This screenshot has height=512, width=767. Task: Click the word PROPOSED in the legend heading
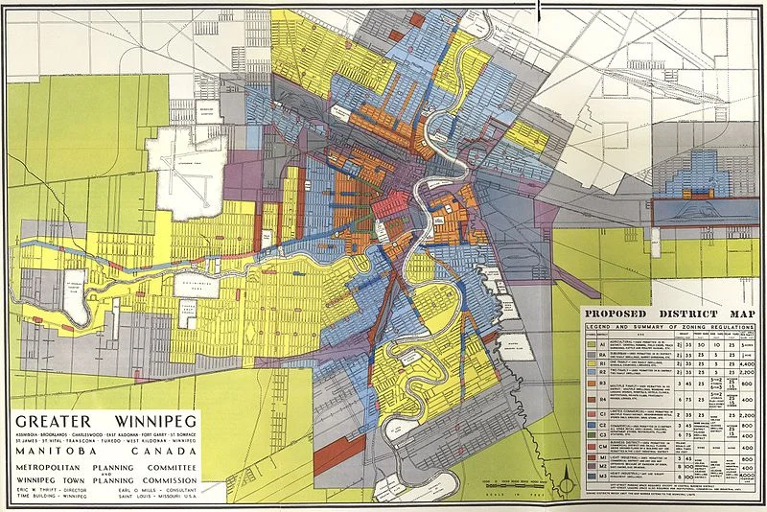[x=622, y=314]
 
